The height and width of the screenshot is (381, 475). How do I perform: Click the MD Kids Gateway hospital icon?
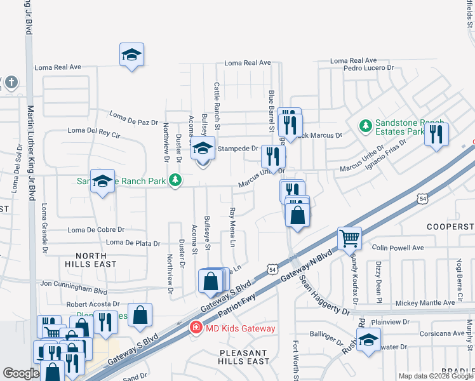coord(197,328)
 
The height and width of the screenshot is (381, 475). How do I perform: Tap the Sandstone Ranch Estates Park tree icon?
coord(365,126)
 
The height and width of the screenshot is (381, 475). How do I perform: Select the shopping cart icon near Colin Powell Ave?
coord(349,239)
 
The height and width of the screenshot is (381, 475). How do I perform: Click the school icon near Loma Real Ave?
coord(131,55)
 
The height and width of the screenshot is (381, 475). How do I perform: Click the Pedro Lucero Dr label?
coord(370,68)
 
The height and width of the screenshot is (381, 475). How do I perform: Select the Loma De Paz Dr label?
coord(133,118)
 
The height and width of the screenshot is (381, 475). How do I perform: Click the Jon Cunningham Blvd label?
coord(74,286)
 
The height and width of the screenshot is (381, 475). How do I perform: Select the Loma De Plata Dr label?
coord(133,243)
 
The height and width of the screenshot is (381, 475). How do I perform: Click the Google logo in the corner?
coord(21,373)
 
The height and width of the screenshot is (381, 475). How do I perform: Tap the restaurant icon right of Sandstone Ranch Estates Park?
coord(436,134)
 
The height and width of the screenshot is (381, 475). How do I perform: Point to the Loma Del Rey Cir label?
coord(94,134)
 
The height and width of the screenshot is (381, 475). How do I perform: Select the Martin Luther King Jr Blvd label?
coord(29,159)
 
